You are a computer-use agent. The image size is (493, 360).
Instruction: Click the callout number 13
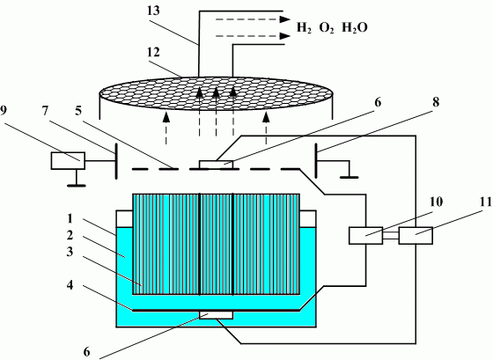(153, 11)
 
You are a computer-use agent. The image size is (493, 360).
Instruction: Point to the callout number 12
(153, 52)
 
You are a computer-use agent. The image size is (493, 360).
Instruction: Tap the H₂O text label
(354, 28)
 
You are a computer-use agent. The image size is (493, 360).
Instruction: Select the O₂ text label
(327, 28)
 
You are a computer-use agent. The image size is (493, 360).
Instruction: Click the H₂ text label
(304, 28)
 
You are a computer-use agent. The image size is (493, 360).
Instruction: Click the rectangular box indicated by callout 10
(366, 235)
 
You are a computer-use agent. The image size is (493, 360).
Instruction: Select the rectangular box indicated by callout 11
(416, 235)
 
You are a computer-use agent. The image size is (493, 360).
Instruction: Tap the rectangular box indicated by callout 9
(68, 161)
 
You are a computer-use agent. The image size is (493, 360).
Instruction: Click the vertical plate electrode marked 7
(116, 161)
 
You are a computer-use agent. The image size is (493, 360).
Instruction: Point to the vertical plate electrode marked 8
(317, 161)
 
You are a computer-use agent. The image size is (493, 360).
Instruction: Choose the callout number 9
(4, 111)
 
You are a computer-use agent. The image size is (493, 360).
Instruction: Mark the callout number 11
(486, 202)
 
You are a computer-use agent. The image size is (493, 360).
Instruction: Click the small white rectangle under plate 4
(217, 315)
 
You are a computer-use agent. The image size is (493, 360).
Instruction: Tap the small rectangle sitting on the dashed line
(217, 165)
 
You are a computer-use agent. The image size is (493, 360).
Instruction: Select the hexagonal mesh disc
(217, 94)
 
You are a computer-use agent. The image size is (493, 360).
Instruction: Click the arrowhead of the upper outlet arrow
(285, 19)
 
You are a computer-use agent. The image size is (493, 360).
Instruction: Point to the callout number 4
(70, 285)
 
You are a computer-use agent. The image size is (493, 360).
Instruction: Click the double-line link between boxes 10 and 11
(391, 236)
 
